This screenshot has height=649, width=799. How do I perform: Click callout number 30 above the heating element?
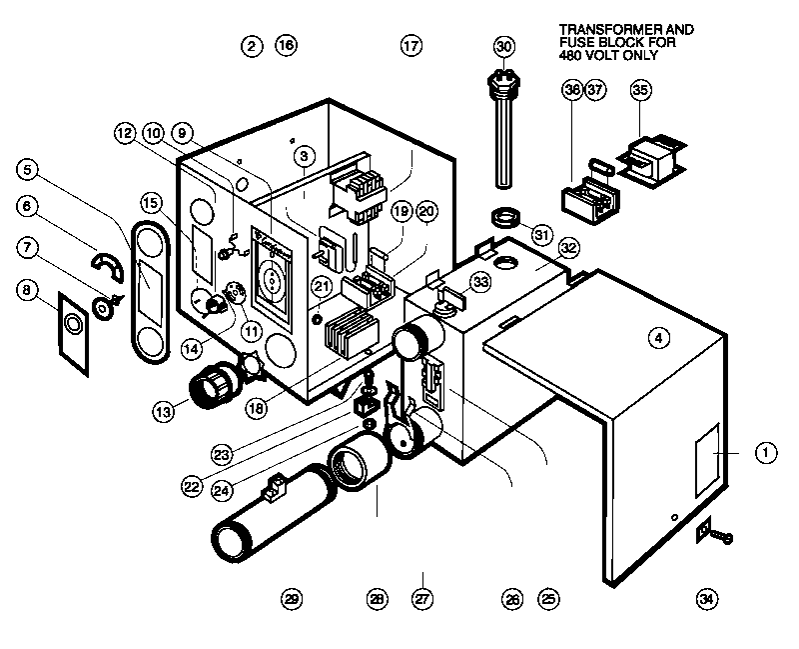coord(504,46)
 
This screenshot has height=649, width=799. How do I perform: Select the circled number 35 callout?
coord(640,90)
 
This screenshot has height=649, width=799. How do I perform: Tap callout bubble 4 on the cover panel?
coord(659,338)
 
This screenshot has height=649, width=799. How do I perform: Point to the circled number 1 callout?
coord(766,453)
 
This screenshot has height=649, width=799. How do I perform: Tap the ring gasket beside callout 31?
coord(504,218)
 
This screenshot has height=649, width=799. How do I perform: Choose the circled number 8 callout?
coord(27,290)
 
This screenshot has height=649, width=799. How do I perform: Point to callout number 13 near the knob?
coord(163,411)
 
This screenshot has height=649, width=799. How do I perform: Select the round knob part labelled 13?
coord(213,385)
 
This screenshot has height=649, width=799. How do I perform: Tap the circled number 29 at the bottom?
coord(292,598)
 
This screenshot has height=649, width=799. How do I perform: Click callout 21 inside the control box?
coord(321,286)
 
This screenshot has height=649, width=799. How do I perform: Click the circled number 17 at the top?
coord(411,46)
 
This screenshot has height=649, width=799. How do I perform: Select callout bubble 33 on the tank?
coord(480,282)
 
